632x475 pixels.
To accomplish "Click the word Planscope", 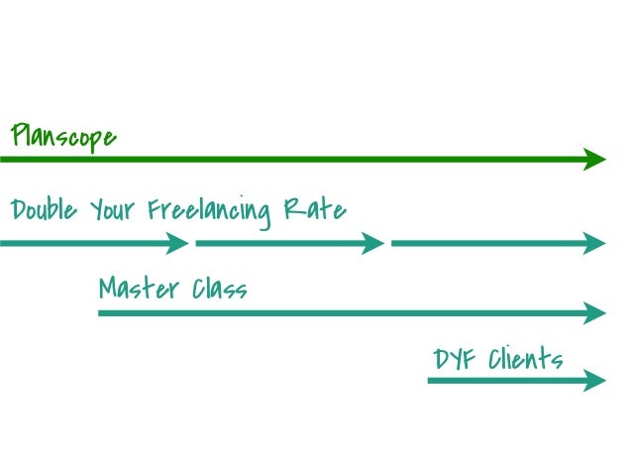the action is [63, 137].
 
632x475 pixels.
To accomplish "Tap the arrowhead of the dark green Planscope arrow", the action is [594, 160].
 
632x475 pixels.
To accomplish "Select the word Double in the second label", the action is [44, 209].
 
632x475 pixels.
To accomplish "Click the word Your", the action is [112, 210].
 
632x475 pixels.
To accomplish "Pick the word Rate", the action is [315, 209].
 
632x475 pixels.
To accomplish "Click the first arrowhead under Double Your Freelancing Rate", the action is [177, 243].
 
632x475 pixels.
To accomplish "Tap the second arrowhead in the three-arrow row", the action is [372, 243].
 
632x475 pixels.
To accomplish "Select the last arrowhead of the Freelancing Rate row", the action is [594, 243].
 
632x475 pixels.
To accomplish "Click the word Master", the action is [139, 289].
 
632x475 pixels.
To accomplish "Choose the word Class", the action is [220, 289].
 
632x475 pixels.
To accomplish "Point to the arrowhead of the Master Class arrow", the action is [594, 313].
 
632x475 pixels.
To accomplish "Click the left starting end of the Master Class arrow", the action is [99, 313].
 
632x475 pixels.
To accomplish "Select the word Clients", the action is [526, 358].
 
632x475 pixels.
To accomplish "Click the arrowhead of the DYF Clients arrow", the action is [594, 381].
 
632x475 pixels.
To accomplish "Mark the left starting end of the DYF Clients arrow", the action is [428, 381].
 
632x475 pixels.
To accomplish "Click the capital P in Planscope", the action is [20, 135].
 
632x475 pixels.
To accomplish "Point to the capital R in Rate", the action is [292, 208].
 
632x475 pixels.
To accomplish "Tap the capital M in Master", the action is [110, 288].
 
